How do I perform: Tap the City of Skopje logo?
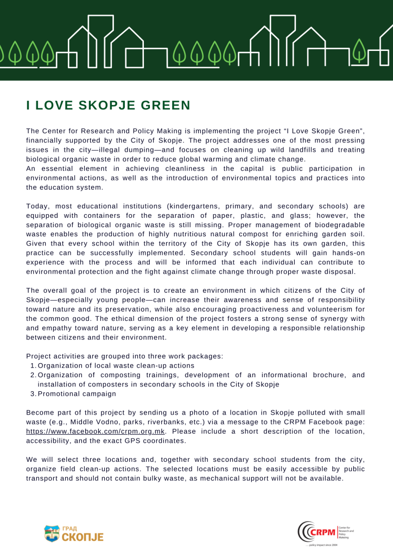coord(73,533)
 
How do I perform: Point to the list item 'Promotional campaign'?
coord(77,393)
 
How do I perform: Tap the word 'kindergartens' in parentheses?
coord(196,206)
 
